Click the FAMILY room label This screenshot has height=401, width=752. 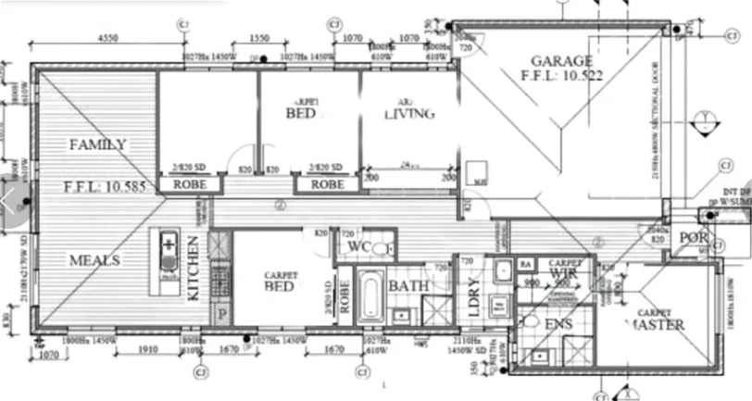click(x=97, y=144)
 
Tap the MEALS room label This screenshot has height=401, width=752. click(x=94, y=261)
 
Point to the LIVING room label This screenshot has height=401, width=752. click(x=408, y=114)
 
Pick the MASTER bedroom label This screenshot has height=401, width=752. click(x=658, y=324)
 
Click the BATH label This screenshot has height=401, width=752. click(x=408, y=286)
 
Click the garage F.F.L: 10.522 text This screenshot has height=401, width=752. click(x=562, y=76)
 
